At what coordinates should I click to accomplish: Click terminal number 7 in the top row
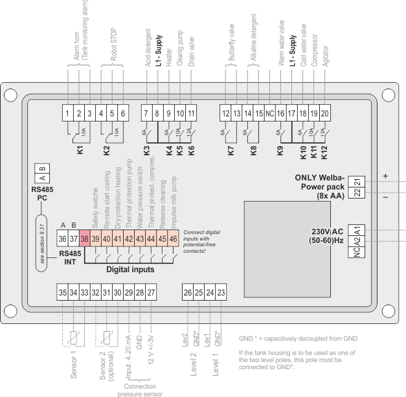coord(146,113)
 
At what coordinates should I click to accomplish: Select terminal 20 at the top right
coord(325,113)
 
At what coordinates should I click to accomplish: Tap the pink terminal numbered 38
coord(85,239)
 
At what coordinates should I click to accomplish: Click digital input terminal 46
coord(173,239)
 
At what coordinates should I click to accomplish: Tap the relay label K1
coord(79,149)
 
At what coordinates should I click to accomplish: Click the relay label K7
coord(232,149)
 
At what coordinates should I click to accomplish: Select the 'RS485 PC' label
coord(42,193)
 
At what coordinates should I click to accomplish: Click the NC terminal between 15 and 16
coord(270,113)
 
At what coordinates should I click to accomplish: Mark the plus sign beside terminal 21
coord(385,175)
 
